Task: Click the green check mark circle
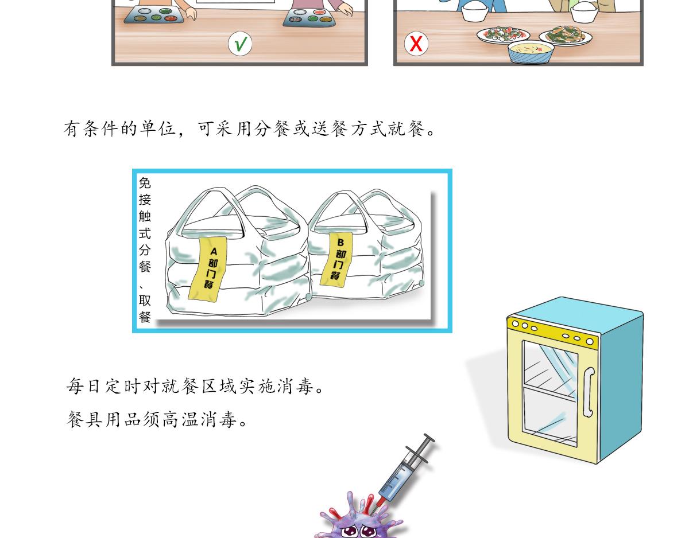click(240, 44)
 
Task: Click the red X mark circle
click(416, 44)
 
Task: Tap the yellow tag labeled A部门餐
click(208, 268)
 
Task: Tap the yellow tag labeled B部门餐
click(336, 260)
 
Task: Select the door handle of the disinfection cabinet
click(589, 392)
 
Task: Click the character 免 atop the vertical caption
click(145, 183)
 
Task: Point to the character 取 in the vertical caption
click(145, 301)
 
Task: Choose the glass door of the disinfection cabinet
click(550, 393)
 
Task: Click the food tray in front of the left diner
click(154, 15)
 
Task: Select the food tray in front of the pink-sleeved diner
click(309, 18)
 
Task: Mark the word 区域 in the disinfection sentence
click(219, 385)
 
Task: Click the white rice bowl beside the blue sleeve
click(475, 11)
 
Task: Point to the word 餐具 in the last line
click(84, 420)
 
